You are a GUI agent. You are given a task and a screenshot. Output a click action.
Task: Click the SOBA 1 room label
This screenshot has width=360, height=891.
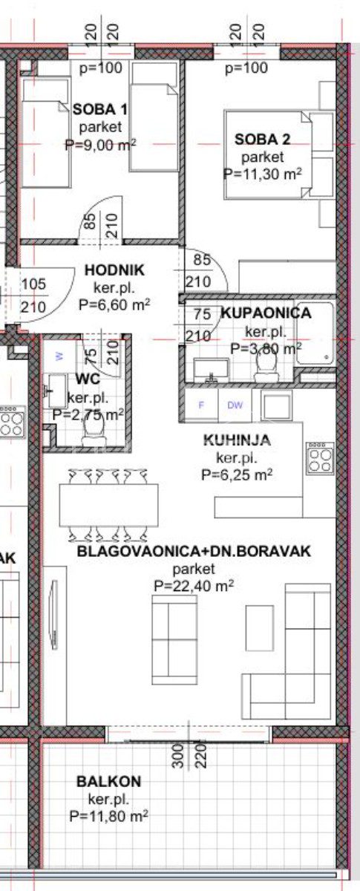pyautogui.click(x=100, y=109)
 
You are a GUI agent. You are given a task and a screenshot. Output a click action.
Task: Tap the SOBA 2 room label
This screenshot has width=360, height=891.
pyautogui.click(x=262, y=140)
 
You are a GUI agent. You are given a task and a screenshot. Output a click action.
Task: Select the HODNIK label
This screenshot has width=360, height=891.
pyautogui.click(x=114, y=270)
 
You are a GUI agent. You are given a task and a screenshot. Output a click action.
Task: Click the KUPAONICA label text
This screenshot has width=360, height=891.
pyautogui.click(x=266, y=313)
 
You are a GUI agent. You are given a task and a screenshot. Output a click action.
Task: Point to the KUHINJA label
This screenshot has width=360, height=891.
pyautogui.click(x=237, y=440)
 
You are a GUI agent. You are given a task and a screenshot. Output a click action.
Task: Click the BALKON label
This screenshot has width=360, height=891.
pyautogui.click(x=108, y=782)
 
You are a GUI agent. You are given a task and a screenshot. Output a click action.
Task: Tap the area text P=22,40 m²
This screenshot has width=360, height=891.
pyautogui.click(x=194, y=586)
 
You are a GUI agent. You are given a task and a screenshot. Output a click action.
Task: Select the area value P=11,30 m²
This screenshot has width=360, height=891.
pyautogui.click(x=262, y=174)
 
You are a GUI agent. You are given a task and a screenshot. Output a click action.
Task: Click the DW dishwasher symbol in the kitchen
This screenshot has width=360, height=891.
pyautogui.click(x=235, y=405)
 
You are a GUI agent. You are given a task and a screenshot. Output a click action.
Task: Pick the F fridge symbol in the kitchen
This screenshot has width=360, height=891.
pyautogui.click(x=201, y=405)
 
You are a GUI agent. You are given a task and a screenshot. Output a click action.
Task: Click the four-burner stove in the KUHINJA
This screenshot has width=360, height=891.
pyautogui.click(x=321, y=459)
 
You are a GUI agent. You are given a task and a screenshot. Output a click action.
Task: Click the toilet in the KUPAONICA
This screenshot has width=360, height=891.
pyautogui.click(x=266, y=367)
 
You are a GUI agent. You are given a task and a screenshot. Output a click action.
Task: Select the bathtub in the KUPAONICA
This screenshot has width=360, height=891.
pyautogui.click(x=315, y=333)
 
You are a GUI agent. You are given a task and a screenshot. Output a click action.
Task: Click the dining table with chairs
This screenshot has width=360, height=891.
pyautogui.click(x=108, y=505)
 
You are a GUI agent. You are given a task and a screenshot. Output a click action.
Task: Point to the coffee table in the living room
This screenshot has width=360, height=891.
pyautogui.click(x=260, y=628)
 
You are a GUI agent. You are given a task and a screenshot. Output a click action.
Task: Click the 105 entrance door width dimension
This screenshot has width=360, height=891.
pyautogui.click(x=33, y=284)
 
